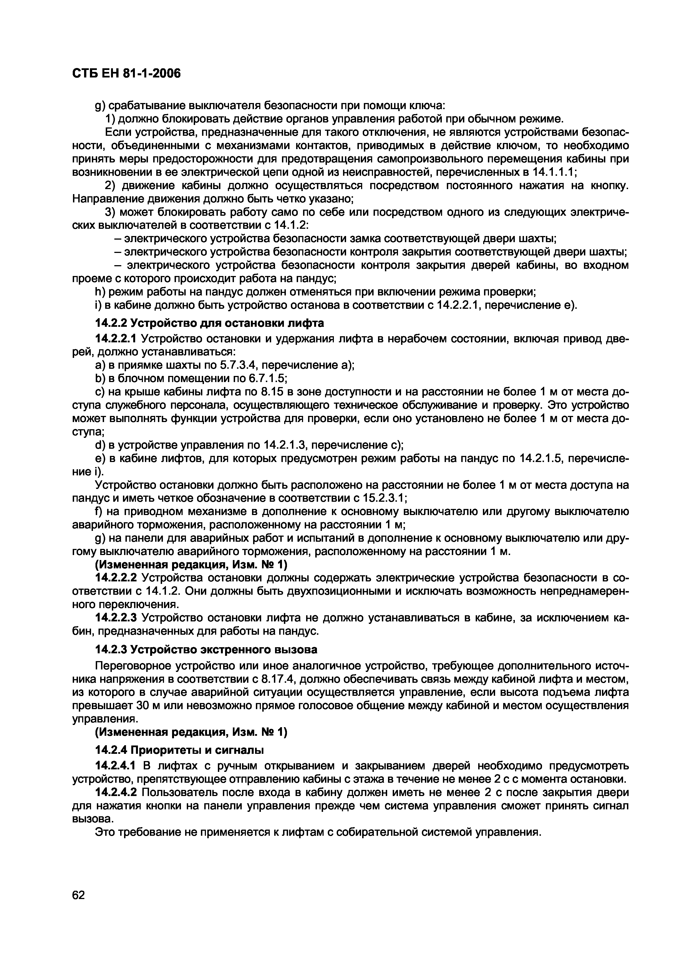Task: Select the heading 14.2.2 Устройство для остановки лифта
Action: (210, 323)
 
